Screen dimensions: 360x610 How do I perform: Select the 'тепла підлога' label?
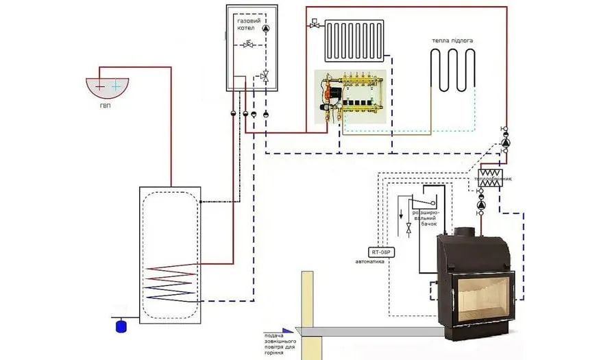coord(452,40)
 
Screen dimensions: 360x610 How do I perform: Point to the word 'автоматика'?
coord(374,262)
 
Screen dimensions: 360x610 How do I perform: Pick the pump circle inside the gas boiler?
coord(266,28)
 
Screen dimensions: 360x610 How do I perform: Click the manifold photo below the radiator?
coord(352,100)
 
